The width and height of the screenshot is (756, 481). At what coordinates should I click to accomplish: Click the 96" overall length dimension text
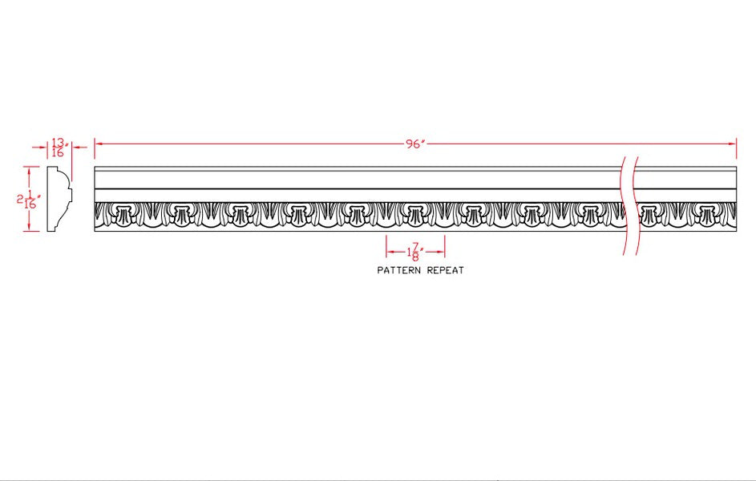[414, 144]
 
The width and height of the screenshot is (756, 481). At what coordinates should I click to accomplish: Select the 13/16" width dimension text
[58, 147]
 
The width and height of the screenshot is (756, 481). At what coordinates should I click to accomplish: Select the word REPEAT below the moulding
[446, 271]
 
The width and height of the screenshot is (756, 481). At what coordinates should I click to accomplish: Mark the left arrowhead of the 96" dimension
[99, 144]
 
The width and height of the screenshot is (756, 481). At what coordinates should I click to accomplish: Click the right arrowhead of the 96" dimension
[732, 144]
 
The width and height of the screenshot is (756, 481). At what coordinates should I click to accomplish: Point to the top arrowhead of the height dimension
[30, 170]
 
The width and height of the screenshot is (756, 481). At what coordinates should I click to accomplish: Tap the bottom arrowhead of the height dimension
[30, 228]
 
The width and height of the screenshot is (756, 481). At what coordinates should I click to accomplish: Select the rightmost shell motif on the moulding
[705, 213]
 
